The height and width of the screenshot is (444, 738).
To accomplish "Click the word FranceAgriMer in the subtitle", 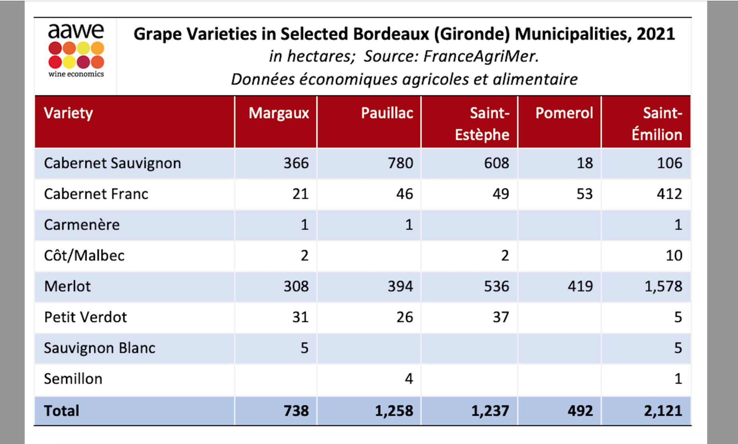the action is point(481,56).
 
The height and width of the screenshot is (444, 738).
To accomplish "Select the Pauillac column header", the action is point(387,113).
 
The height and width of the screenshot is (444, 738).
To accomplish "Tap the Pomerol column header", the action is point(564,113).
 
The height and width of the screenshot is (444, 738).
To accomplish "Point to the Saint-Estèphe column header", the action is point(482,124).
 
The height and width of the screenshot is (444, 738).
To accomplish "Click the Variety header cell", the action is point(68,113).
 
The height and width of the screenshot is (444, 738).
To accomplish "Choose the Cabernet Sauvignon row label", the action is point(113,163).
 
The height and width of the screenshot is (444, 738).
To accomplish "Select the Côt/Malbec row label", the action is point(84,256).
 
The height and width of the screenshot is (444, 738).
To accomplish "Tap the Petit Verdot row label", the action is point(86,317).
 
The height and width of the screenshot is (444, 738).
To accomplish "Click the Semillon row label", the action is point(73,379).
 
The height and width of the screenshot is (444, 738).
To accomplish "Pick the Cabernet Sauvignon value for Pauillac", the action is point(401,163).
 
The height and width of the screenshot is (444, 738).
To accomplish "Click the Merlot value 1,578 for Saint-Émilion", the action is point(663,286).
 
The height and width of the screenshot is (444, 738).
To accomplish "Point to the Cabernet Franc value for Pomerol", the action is point(585,194).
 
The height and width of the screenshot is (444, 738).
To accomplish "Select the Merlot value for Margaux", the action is point(296,286).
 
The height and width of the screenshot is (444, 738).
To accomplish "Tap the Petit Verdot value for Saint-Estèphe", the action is point(501,317).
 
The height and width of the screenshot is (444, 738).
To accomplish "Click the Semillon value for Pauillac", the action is point(409,379).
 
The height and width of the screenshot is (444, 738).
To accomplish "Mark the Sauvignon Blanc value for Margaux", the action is point(304,348).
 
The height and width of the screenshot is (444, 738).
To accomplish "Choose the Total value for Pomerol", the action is point(580,411).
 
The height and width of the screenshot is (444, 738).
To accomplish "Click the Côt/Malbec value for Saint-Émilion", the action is point(674,256).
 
